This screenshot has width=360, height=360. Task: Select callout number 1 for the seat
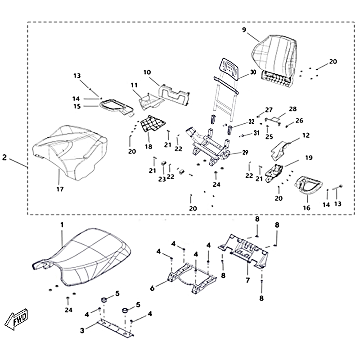[x=62, y=224]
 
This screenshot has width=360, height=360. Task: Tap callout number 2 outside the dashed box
[x=4, y=157]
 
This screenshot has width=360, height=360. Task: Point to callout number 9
[x=244, y=30]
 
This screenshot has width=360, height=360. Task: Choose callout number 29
[x=245, y=153]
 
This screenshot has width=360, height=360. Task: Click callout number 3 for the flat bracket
[x=82, y=331]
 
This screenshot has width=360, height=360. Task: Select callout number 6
[x=152, y=287]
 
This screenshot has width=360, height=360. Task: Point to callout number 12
[x=306, y=135]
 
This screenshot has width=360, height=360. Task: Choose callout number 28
[x=293, y=109]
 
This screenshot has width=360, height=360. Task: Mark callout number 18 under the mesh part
[x=148, y=147]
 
